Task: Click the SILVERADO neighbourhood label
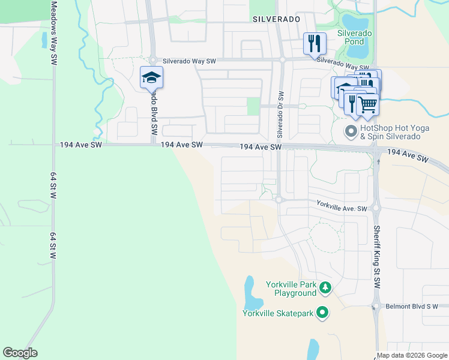(x=276, y=19)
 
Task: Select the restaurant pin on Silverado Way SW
(x=314, y=43)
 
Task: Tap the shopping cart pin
(x=367, y=105)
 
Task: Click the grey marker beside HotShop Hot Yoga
(x=350, y=130)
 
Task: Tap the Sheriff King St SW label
(x=377, y=257)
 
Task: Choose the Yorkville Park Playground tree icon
(x=325, y=289)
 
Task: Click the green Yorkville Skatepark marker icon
(x=322, y=312)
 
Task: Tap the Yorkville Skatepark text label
(x=279, y=313)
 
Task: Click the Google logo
(x=20, y=352)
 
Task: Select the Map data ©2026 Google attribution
(x=412, y=355)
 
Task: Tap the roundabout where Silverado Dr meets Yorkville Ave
(x=279, y=199)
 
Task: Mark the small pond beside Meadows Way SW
(x=44, y=40)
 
